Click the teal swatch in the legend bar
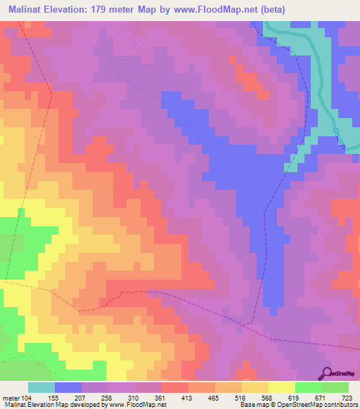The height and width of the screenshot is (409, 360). click(41, 387)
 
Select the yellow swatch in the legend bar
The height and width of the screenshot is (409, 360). click(282, 387)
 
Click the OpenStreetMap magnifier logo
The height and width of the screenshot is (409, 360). click(328, 372)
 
